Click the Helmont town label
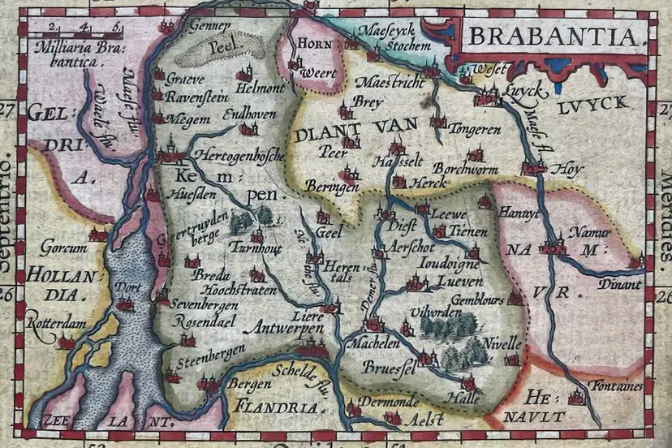click(x=260, y=86)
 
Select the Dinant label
click(x=620, y=284)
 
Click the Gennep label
click(x=205, y=25)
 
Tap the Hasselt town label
click(x=394, y=162)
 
